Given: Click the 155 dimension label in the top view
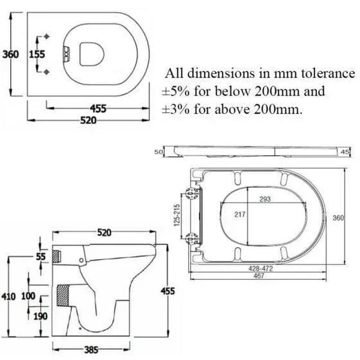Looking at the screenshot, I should [x=36, y=54].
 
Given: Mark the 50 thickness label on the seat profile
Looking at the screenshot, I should [x=159, y=153].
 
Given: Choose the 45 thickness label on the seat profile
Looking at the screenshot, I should [x=345, y=153].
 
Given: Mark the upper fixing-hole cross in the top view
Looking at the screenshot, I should [x=46, y=36].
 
